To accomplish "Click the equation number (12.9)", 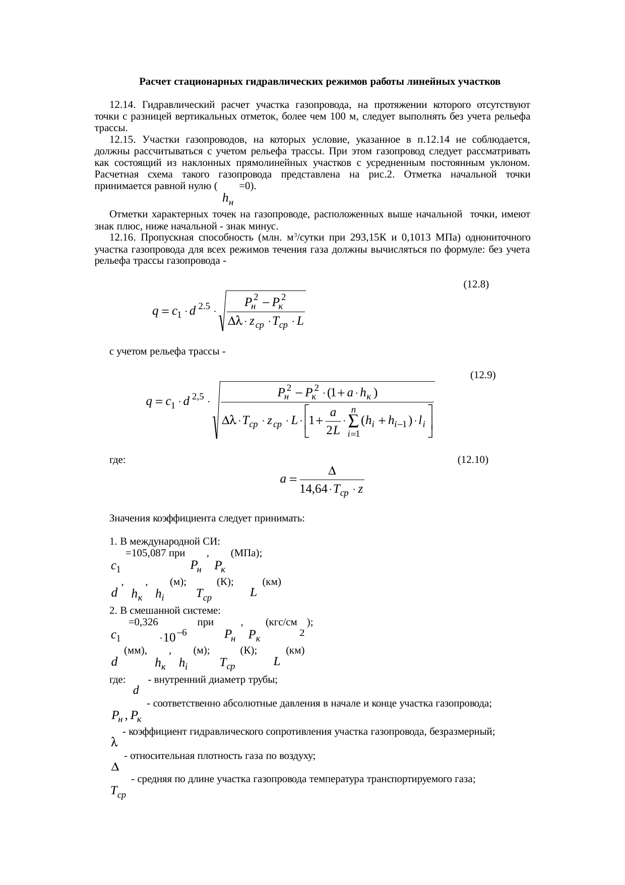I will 482,375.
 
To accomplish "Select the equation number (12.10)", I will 473,460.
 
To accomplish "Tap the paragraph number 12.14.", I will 122,105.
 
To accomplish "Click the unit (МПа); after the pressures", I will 245,553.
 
